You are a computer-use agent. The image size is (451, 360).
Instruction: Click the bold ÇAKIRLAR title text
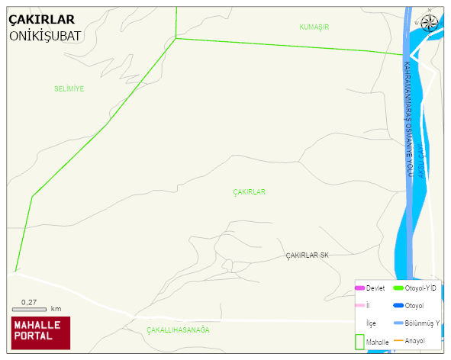[41, 20]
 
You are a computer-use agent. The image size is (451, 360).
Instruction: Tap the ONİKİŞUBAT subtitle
[46, 35]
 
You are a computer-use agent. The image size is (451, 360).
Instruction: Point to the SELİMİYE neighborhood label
[69, 88]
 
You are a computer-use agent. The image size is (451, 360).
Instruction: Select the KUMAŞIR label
[314, 27]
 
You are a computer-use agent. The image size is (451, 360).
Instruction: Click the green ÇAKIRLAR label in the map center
[249, 192]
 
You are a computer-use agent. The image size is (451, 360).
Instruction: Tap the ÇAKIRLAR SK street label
[307, 255]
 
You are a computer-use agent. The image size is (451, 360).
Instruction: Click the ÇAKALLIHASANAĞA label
[178, 330]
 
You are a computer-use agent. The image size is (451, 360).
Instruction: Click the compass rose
[430, 22]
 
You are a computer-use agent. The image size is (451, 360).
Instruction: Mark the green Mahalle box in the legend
[359, 340]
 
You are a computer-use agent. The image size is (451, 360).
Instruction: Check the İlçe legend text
[371, 323]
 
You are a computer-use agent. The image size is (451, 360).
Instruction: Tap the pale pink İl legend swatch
[359, 306]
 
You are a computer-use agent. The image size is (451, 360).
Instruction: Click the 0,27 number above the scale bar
[30, 302]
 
